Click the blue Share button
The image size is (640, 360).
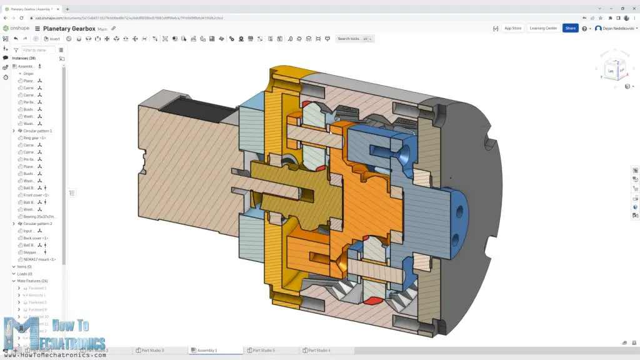tap(570, 28)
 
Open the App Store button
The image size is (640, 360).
tap(512, 28)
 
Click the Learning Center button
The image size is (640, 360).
tap(542, 28)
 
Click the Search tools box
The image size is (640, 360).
tap(354, 39)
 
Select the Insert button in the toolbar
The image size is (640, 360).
tap(52, 39)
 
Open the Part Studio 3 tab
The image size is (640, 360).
tap(152, 351)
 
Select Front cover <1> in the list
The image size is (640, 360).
tap(36, 195)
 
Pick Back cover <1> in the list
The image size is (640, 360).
tap(36, 238)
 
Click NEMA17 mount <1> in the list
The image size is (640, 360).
tap(39, 259)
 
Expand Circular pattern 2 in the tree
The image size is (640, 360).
tap(14, 224)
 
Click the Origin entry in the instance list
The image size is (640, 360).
tap(28, 74)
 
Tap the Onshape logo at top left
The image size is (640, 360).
tap(16, 29)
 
